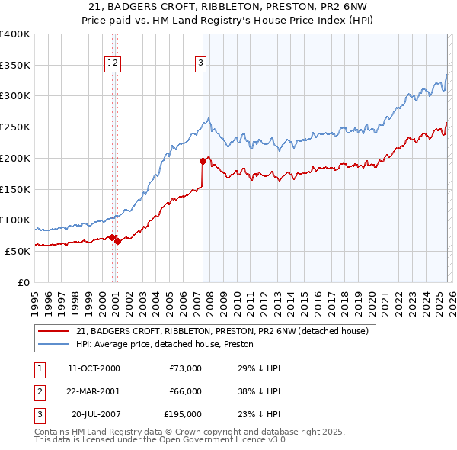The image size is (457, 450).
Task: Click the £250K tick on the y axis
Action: click(x=15, y=127)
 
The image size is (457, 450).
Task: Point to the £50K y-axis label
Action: click(x=18, y=251)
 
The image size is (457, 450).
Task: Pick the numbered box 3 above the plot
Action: click(x=200, y=64)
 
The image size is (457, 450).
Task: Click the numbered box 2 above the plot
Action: click(x=116, y=64)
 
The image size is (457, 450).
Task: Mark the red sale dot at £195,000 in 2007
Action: click(x=203, y=161)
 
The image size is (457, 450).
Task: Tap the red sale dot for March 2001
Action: click(x=117, y=241)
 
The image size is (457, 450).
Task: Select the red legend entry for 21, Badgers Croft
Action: click(x=222, y=331)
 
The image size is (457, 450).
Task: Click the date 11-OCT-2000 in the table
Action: click(x=94, y=368)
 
